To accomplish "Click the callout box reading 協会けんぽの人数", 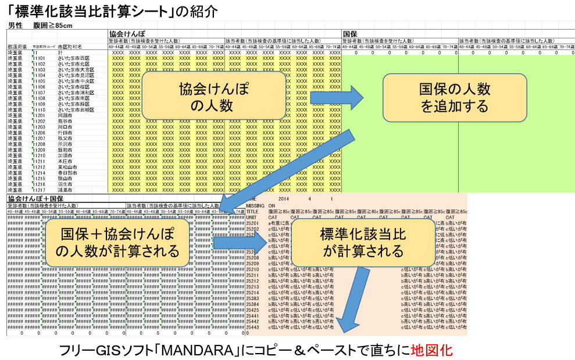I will [214, 97].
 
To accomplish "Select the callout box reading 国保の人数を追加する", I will [454, 97].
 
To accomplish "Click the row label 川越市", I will [65, 115].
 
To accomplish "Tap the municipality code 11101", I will [40, 58].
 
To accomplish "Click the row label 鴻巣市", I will [65, 190].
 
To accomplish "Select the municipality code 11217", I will [40, 190].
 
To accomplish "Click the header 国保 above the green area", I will [350, 34].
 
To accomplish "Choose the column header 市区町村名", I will [69, 47].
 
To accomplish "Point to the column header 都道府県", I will [17, 47].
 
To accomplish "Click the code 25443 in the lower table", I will [252, 327].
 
